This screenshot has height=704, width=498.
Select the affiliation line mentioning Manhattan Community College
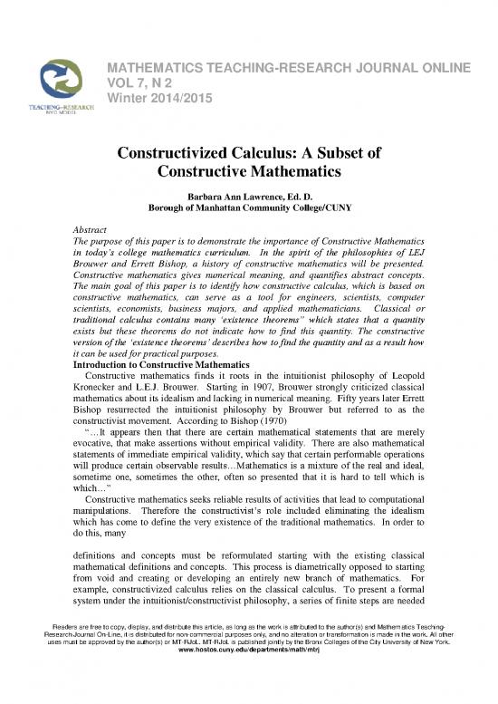tap(248, 208)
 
